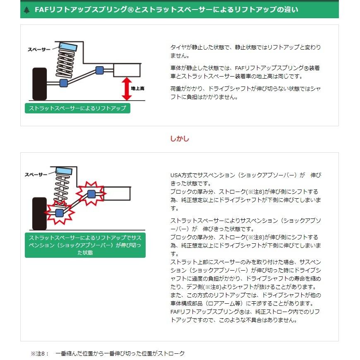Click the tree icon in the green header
tap(26, 10)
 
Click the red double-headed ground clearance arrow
tap(127, 89)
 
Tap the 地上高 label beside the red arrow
tap(137, 89)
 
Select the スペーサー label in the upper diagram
tap(39, 49)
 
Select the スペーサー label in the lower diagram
tap(36, 175)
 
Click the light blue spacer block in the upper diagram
tap(68, 47)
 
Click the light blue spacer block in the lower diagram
tap(64, 170)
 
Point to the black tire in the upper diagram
tap(39, 84)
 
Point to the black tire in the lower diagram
tap(39, 214)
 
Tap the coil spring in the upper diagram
tap(66, 64)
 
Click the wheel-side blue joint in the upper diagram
tap(64, 83)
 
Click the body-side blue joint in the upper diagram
tap(99, 70)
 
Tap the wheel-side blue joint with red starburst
tap(59, 213)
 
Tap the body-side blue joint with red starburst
tap(91, 194)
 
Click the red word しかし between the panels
tap(180, 139)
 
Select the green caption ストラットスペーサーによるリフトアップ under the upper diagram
tap(77, 108)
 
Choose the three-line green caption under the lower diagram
tap(85, 245)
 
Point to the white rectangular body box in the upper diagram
tap(127, 70)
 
